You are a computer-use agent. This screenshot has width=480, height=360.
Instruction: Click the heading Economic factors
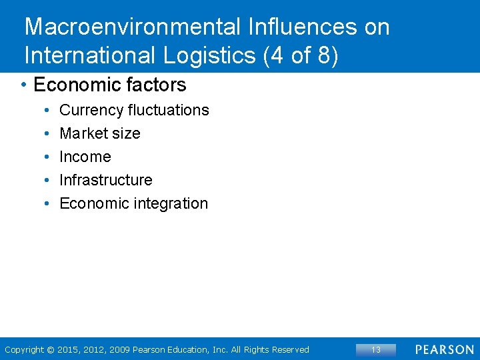coord(110,85)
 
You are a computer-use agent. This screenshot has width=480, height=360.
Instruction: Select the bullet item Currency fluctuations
coord(134,110)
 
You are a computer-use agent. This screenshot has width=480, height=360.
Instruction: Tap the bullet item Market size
coord(100,133)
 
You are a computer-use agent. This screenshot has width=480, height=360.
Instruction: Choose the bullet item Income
coord(85,157)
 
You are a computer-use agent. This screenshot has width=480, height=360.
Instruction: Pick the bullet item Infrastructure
coord(106,180)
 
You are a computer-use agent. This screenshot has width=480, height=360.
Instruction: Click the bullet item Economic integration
coord(134,203)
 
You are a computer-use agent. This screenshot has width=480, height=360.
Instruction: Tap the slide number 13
coord(375,349)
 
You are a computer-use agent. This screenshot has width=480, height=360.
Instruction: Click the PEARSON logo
coord(444,349)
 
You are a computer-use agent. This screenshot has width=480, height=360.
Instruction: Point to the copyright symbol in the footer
coord(51,349)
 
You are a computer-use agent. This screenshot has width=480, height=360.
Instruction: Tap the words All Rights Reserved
coord(270,349)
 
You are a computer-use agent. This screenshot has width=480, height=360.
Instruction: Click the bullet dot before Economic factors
coord(23,85)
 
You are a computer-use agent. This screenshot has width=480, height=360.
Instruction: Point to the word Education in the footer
coord(191,349)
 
